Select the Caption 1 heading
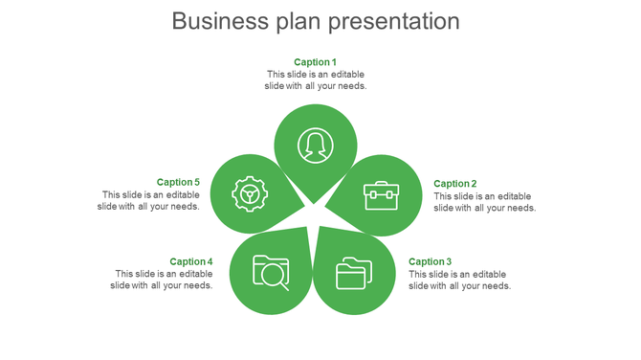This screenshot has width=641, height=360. click(x=316, y=62)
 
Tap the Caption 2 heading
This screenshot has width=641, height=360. click(x=455, y=184)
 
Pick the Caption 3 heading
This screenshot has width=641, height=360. click(x=431, y=261)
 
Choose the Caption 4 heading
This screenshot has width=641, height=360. click(x=191, y=261)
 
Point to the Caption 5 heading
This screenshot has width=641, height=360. click(x=178, y=182)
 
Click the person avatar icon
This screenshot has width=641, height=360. click(x=315, y=146)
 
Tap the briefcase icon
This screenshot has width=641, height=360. click(x=380, y=195)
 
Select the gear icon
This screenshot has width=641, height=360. click(x=250, y=194)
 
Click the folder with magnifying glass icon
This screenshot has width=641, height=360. click(x=271, y=272)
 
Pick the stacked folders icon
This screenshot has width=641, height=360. click(x=353, y=273)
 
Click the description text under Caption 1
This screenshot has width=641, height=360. click(x=316, y=80)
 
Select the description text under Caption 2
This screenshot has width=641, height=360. click(x=484, y=202)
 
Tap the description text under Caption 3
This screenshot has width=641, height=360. click(x=459, y=280)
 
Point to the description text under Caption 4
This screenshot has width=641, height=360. click(x=162, y=280)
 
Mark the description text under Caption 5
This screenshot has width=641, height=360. click(x=148, y=200)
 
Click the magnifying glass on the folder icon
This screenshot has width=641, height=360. click(x=276, y=277)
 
